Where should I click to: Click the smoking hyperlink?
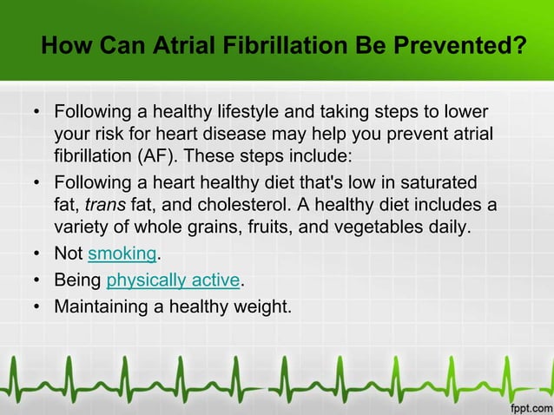pyautogui.click(x=122, y=254)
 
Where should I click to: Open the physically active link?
pyautogui.click(x=172, y=280)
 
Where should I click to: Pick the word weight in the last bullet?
pyautogui.click(x=261, y=306)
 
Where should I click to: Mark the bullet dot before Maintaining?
pyautogui.click(x=36, y=306)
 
